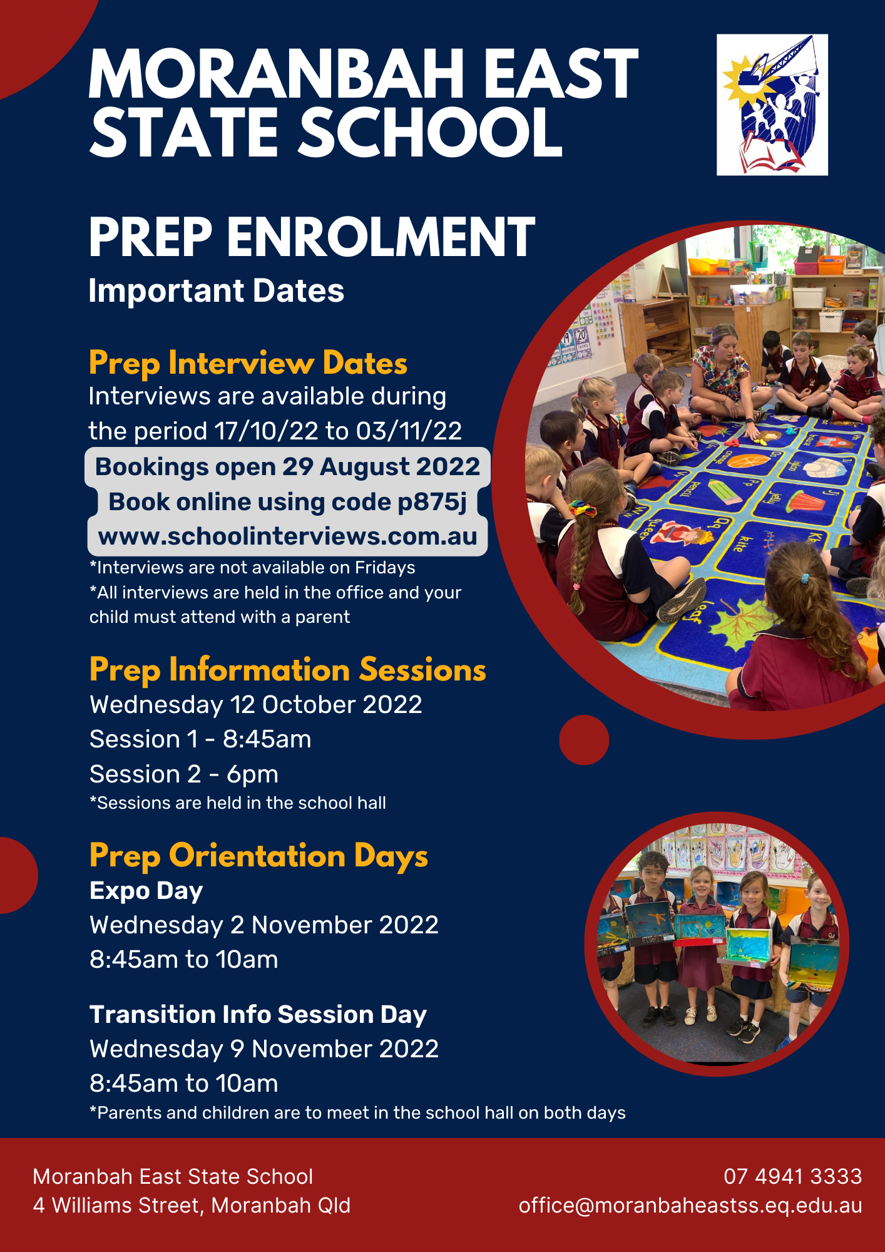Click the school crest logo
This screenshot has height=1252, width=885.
[x=772, y=105]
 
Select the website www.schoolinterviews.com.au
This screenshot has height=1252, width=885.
[x=287, y=536]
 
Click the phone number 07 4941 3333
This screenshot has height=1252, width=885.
[x=792, y=1176]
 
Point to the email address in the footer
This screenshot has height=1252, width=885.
[x=690, y=1206]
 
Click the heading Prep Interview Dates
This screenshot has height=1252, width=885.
[x=248, y=364]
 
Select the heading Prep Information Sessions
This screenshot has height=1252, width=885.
[x=287, y=670]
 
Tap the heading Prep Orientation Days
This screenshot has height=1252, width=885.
[x=258, y=856]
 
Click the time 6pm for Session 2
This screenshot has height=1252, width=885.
[x=252, y=775]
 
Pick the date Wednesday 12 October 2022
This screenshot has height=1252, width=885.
[x=255, y=705]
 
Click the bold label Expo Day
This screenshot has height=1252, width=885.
[x=146, y=891]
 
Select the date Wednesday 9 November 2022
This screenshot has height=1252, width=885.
[x=264, y=1049]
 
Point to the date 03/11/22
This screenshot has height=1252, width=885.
[x=409, y=431]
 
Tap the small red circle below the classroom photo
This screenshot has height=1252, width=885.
[x=584, y=740]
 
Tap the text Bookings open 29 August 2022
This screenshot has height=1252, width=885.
[x=287, y=467]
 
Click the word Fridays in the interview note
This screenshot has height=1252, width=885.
[x=385, y=568]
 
